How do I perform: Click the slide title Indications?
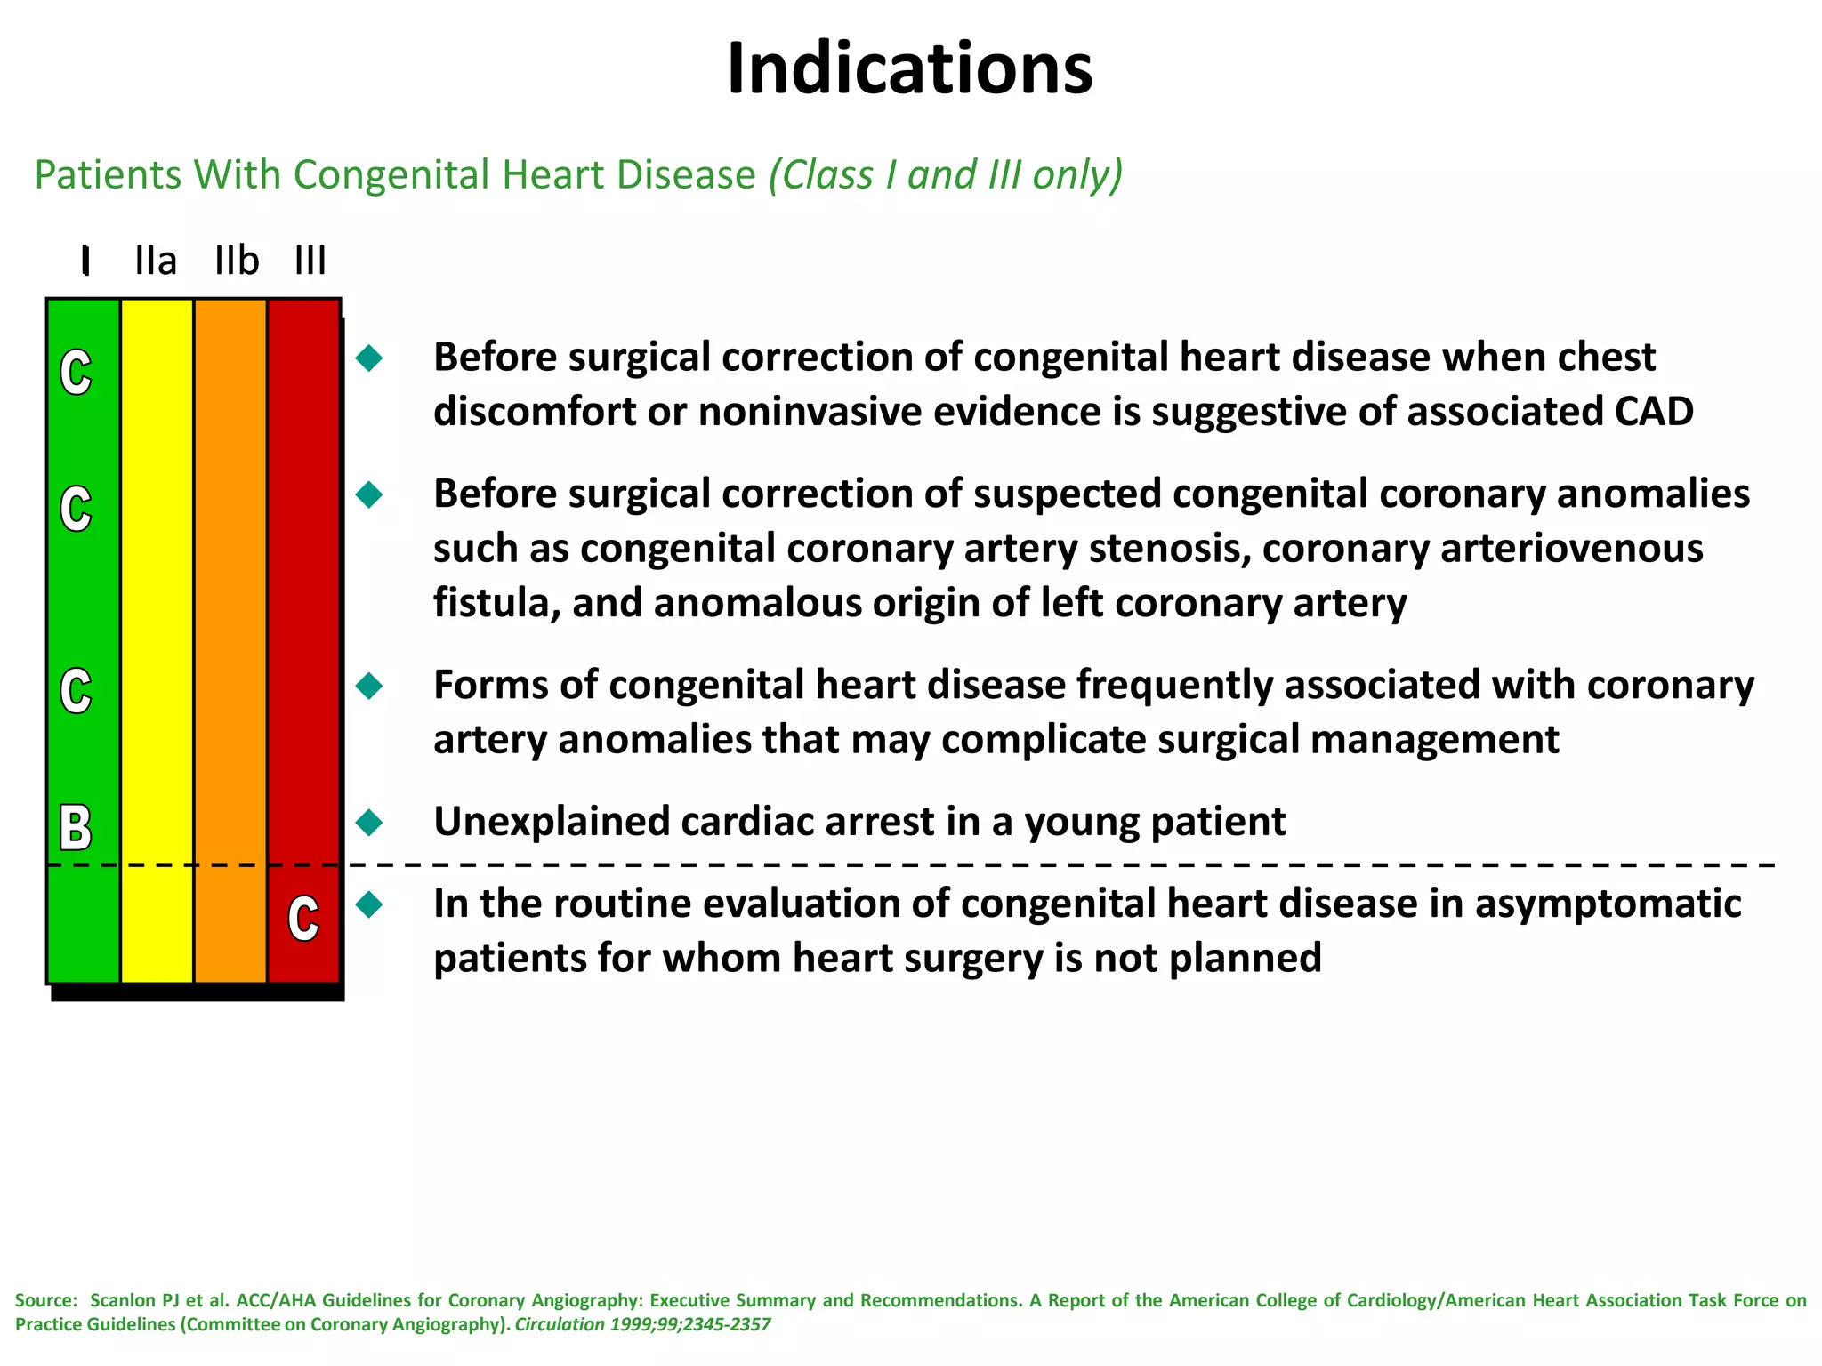(x=909, y=69)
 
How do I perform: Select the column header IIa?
(x=156, y=261)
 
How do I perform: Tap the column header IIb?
(x=237, y=261)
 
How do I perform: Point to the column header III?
(x=310, y=261)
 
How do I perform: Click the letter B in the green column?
(x=76, y=827)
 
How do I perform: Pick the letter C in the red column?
(x=303, y=919)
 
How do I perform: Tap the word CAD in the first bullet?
(x=1654, y=412)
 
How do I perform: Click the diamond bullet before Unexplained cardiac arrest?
(x=369, y=822)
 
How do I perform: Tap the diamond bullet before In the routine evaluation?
(x=369, y=905)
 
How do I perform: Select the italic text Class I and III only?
(x=946, y=174)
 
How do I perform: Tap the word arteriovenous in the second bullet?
(x=1571, y=549)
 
